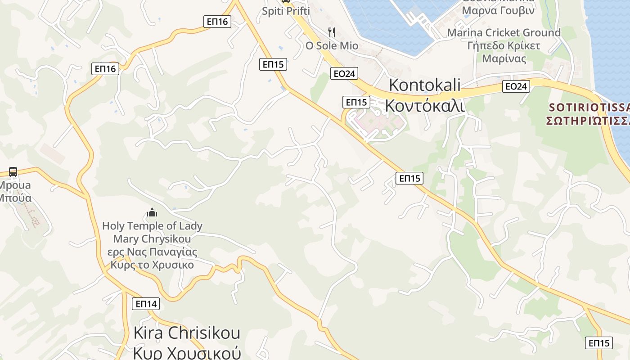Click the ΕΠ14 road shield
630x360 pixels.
tap(146, 304)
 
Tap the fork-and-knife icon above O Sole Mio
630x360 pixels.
tap(332, 32)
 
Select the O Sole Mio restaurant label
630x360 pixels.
tap(332, 45)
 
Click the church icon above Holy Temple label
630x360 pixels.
tap(152, 212)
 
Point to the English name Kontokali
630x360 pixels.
tap(425, 85)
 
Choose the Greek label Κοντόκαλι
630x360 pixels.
tap(425, 105)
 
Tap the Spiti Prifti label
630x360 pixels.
tap(286, 11)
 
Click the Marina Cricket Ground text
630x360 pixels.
tap(504, 32)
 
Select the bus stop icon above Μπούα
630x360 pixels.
tap(13, 172)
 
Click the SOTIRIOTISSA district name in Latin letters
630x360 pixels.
tap(589, 108)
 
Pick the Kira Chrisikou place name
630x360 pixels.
tap(187, 333)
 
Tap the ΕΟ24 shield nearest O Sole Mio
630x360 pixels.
tap(344, 74)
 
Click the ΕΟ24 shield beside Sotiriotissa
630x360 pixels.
tap(516, 86)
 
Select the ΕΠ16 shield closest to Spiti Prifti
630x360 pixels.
tap(217, 22)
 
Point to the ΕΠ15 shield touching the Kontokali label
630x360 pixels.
tap(356, 102)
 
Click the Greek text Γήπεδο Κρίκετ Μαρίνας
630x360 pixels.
tap(504, 52)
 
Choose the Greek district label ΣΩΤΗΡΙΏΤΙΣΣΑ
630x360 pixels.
tap(588, 121)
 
